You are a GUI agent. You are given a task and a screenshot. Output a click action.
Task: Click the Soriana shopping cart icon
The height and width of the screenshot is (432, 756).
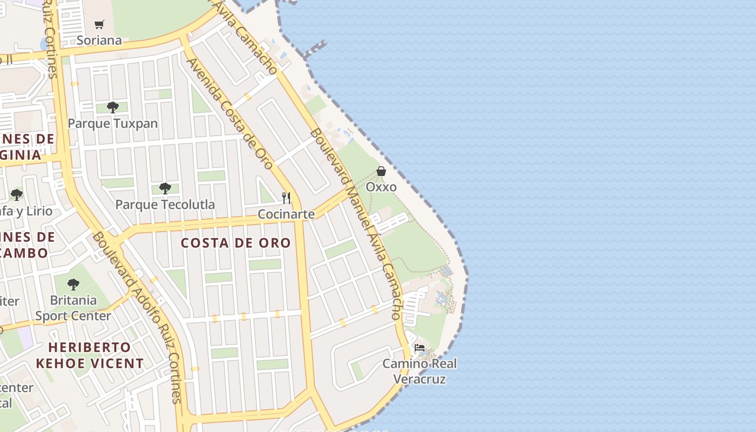pyautogui.click(x=99, y=24)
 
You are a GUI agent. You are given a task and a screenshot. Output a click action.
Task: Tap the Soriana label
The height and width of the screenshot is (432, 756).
pyautogui.click(x=99, y=40)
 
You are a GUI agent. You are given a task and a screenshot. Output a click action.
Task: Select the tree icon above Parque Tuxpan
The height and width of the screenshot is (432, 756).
pyautogui.click(x=112, y=107)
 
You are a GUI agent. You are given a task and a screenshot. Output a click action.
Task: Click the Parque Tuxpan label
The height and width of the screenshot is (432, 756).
pyautogui.click(x=113, y=124)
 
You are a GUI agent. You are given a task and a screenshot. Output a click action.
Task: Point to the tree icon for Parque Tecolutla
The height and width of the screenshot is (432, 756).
pyautogui.click(x=165, y=188)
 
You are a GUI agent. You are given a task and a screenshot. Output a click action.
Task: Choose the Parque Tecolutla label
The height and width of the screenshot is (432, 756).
pyautogui.click(x=165, y=205)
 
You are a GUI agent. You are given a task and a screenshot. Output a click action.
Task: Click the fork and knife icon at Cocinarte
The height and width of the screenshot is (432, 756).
pyautogui.click(x=286, y=198)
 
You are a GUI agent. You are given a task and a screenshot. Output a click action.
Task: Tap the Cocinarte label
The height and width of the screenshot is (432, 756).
pyautogui.click(x=286, y=214)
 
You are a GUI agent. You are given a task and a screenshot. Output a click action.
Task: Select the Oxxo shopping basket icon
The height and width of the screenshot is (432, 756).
pyautogui.click(x=381, y=171)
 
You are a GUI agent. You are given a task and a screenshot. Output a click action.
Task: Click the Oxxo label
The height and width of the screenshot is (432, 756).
pyautogui.click(x=381, y=187)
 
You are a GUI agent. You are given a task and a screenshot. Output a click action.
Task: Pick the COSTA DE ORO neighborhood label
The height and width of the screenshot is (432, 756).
pyautogui.click(x=236, y=243)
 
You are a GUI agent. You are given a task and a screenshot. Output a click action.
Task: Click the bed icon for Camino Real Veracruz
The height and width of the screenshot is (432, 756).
pyautogui.click(x=420, y=347)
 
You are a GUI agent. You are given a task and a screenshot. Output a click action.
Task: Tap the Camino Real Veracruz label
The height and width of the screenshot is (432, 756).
pyautogui.click(x=420, y=371)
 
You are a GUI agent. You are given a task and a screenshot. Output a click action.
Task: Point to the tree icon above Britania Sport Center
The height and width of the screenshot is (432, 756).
pyautogui.click(x=73, y=283)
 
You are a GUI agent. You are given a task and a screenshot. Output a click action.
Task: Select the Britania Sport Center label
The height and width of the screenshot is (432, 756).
pyautogui.click(x=73, y=308)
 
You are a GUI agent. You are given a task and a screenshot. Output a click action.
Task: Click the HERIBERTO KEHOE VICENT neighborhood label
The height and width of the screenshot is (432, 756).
pyautogui.click(x=90, y=355)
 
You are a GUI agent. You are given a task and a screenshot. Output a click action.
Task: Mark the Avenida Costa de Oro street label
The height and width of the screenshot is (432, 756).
pyautogui.click(x=230, y=113)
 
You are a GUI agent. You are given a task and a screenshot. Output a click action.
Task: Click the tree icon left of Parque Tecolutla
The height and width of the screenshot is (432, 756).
pyautogui.click(x=17, y=194)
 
